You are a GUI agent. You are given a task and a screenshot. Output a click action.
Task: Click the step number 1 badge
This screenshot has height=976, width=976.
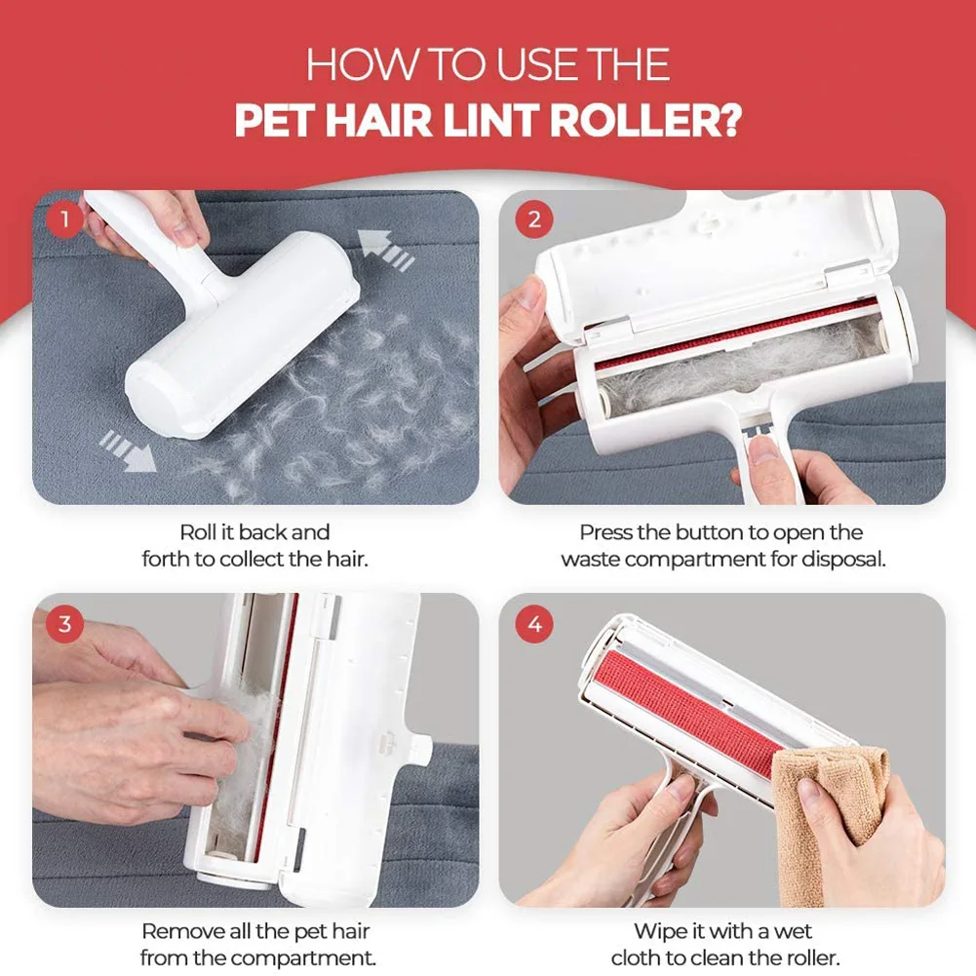tap(65, 220)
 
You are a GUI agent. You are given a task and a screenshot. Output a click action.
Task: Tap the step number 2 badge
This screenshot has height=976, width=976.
tap(533, 220)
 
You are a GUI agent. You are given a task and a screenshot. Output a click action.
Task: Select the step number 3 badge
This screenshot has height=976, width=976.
tap(65, 624)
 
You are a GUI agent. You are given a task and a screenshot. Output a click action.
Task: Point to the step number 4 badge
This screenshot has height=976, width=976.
tap(533, 624)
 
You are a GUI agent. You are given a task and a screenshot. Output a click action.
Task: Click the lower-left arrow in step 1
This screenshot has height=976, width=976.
tap(127, 451)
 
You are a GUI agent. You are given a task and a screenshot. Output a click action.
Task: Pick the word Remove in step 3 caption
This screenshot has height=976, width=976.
tap(178, 931)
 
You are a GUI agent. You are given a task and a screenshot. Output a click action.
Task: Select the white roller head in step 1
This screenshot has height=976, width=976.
tap(244, 336)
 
